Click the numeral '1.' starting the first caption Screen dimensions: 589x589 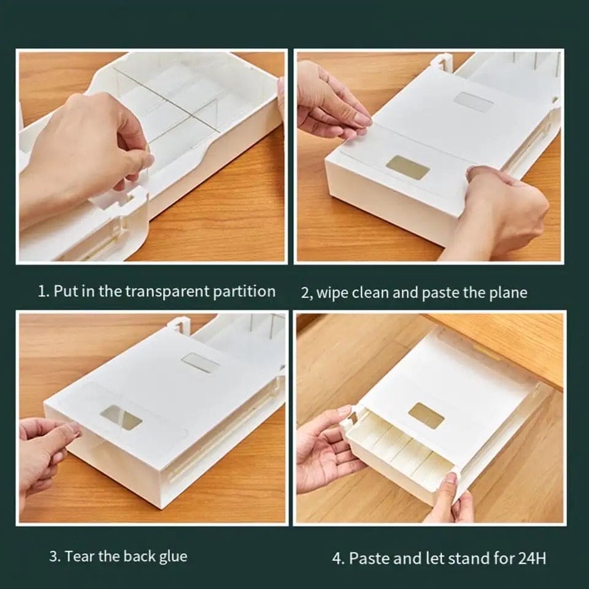tap(43, 291)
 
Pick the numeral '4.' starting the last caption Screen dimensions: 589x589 tap(338, 559)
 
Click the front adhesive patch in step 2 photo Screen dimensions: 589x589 tap(408, 167)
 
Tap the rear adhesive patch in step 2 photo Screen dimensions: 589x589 tap(472, 102)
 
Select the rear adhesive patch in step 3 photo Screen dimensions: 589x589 tap(201, 363)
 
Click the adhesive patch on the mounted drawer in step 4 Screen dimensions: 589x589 tap(426, 415)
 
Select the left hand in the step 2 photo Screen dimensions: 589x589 tap(328, 101)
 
